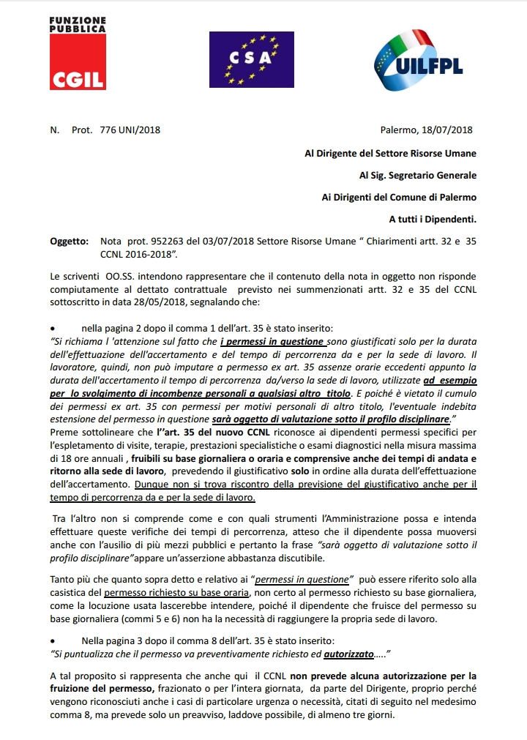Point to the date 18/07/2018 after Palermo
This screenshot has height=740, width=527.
point(448,130)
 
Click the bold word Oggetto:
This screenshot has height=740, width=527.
point(67,241)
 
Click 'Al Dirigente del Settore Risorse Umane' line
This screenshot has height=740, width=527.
point(390,153)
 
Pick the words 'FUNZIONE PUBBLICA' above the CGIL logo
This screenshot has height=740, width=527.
point(77,25)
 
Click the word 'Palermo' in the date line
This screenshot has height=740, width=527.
point(398,130)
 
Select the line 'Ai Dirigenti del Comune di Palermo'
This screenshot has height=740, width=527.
point(399,197)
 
